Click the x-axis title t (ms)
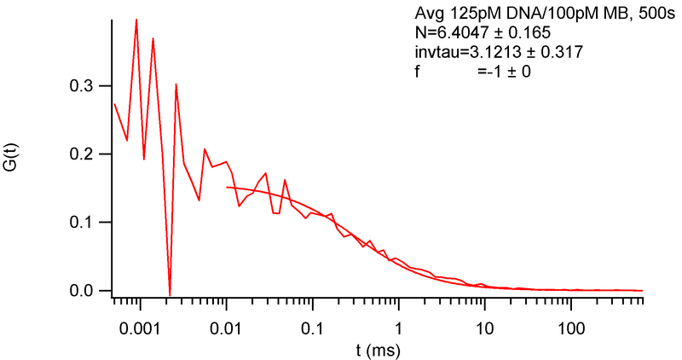(x=378, y=350)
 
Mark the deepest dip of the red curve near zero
(x=170, y=295)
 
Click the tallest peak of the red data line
(x=136, y=19)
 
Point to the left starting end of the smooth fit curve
(x=227, y=187)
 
